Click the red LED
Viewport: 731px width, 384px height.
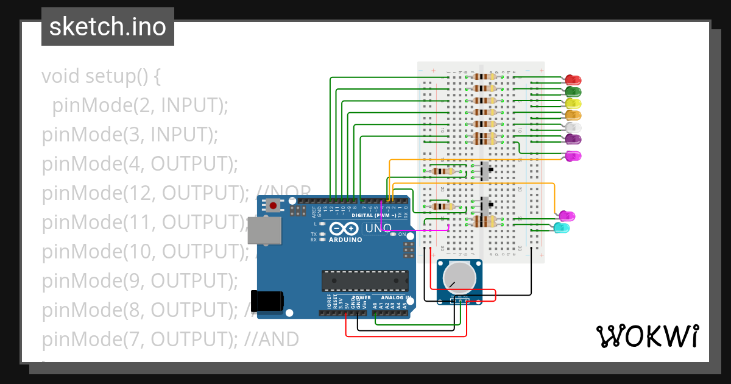click(x=573, y=80)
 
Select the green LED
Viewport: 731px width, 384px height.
click(x=573, y=92)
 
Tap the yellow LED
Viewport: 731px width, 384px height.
click(x=574, y=104)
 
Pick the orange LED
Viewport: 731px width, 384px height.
click(x=574, y=115)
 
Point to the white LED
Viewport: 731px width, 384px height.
click(x=574, y=127)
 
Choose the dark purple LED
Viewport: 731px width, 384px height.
click(x=574, y=139)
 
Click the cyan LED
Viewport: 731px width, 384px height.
click(x=562, y=228)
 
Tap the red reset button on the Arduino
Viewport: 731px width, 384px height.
click(x=273, y=205)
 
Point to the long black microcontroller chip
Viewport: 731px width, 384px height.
click(x=365, y=280)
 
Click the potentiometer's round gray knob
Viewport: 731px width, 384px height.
click(x=459, y=277)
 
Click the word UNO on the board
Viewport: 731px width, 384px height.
click(x=378, y=229)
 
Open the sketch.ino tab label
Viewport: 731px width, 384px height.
click(x=108, y=27)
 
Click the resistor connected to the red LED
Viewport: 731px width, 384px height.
click(x=484, y=77)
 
